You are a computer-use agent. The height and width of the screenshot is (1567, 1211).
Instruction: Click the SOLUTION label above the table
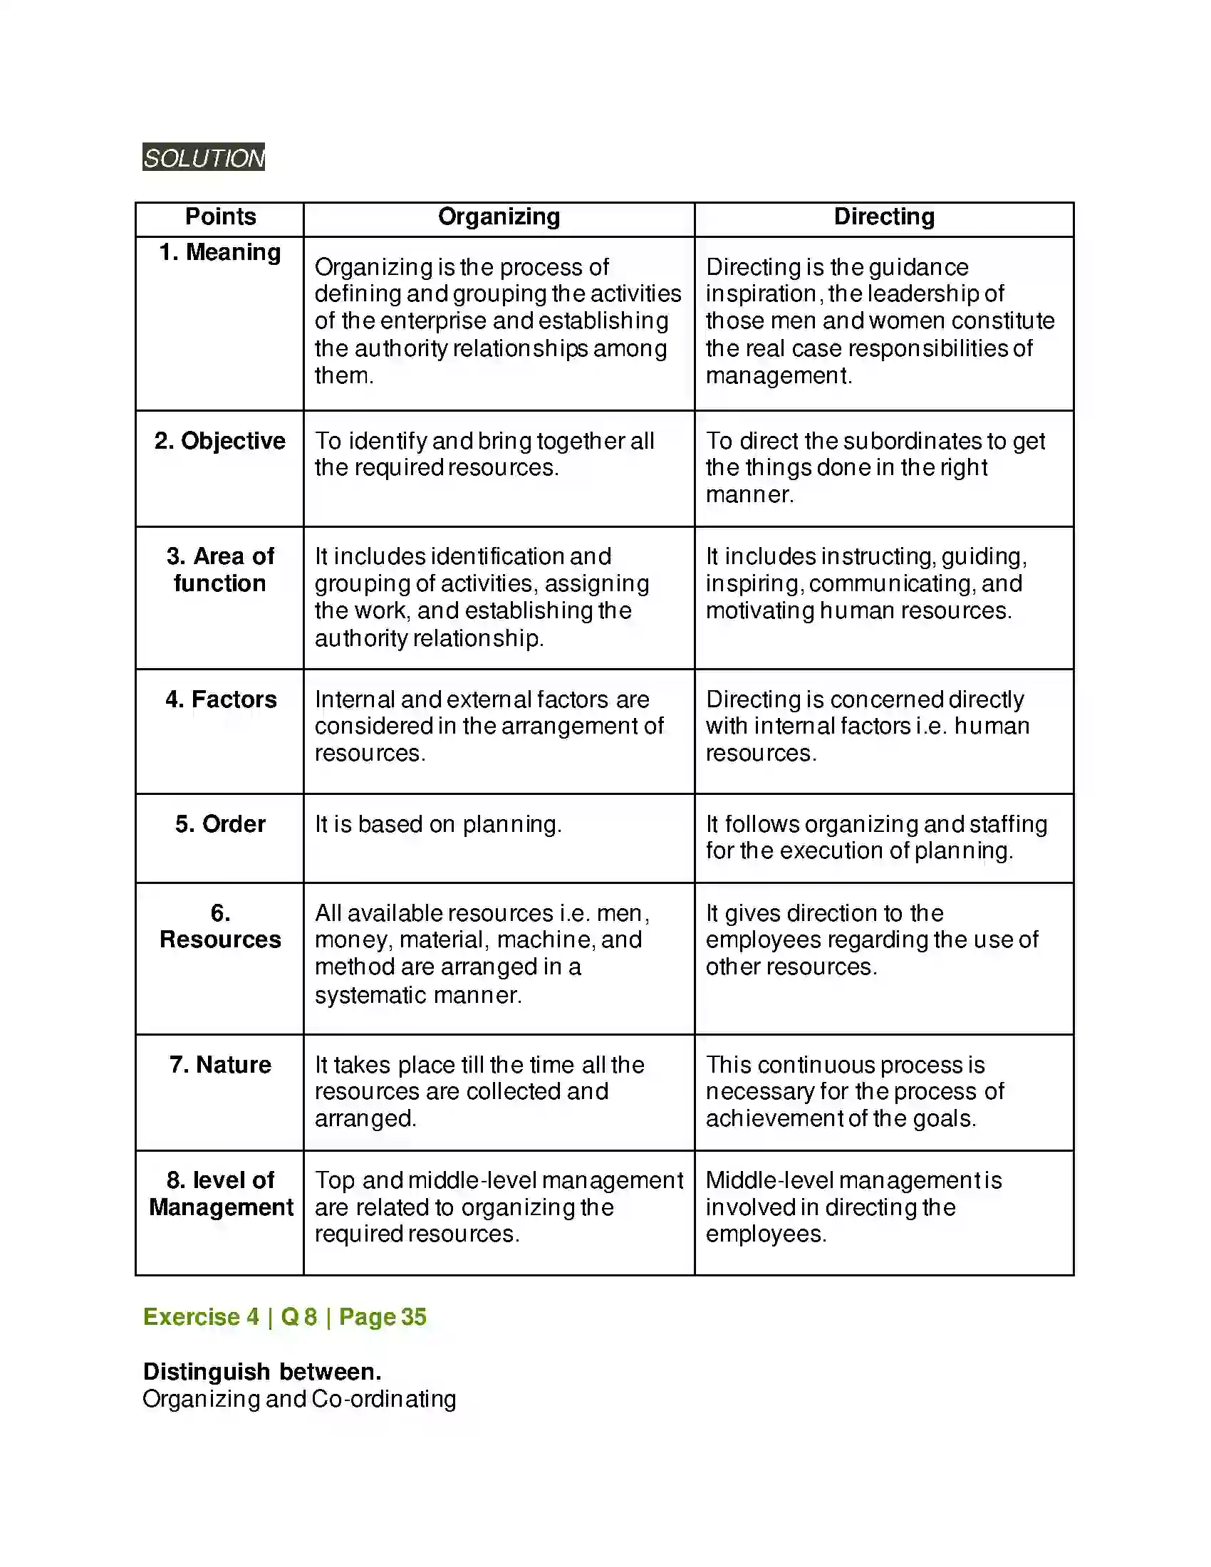coord(204,157)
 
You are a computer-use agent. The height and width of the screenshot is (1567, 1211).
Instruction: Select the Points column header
coord(220,217)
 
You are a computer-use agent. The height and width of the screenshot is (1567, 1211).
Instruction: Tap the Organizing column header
coord(499,217)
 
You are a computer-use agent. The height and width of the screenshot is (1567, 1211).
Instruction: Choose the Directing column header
coord(884,217)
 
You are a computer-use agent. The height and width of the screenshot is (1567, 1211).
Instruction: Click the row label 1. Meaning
coord(220,253)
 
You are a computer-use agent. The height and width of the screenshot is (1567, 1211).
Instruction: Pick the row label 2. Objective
coord(219,440)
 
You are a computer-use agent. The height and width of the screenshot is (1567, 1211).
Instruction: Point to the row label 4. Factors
coord(220,699)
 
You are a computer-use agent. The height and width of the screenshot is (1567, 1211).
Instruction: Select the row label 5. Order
coord(220,824)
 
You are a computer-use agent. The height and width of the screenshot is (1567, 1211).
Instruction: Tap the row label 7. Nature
coord(220,1065)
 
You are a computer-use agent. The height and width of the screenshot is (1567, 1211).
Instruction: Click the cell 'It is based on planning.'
coord(437,824)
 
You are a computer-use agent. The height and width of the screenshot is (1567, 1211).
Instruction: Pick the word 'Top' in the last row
coord(335,1180)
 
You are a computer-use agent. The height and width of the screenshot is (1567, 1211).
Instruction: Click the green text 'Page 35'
coord(383,1316)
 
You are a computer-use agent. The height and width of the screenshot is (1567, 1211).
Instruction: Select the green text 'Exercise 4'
coord(201,1316)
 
